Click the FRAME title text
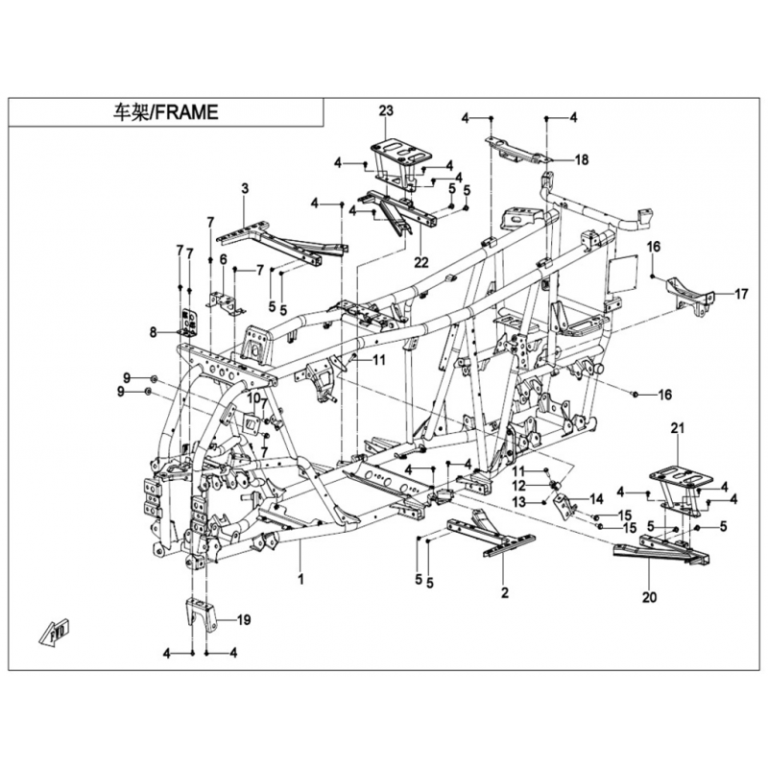click(x=165, y=112)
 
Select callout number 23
click(x=386, y=110)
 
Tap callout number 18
click(x=582, y=160)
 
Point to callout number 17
click(x=741, y=294)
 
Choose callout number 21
click(x=677, y=428)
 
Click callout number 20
click(x=650, y=597)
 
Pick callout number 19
click(x=244, y=620)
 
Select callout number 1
click(x=300, y=579)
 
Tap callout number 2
click(x=505, y=592)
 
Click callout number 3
click(x=245, y=188)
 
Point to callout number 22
click(x=420, y=262)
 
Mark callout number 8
click(x=154, y=333)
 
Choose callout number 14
click(x=596, y=499)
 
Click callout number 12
click(x=519, y=486)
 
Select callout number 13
click(x=519, y=501)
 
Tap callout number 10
click(x=252, y=398)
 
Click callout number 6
click(x=224, y=259)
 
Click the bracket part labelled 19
click(x=201, y=615)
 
